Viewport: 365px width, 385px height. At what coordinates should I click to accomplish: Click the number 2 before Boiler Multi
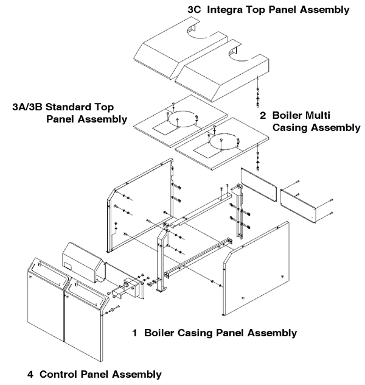263,116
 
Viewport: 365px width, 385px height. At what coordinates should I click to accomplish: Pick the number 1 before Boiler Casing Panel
136,333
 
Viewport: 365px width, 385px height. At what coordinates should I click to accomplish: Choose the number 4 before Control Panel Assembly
31,373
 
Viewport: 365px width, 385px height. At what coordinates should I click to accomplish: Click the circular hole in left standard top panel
182,119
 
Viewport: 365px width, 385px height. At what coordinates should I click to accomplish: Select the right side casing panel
255,268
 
